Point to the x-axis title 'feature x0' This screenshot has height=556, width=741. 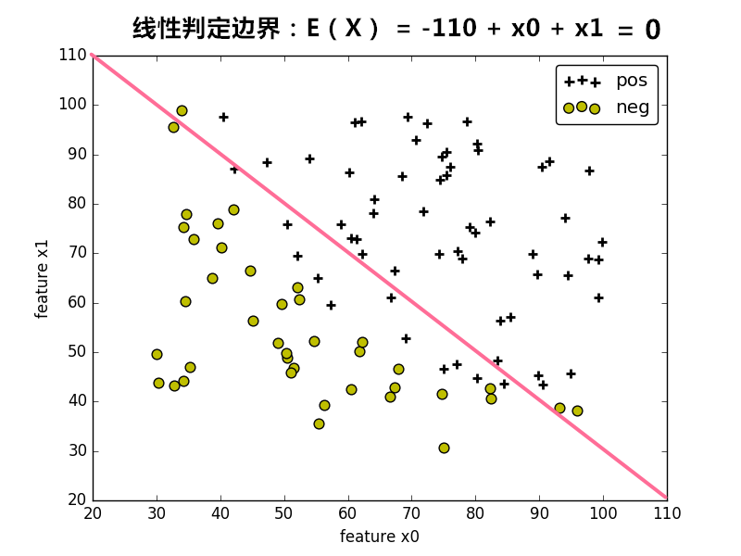(379, 537)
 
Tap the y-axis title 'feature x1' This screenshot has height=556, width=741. (42, 278)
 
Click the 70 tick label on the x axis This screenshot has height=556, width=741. (411, 513)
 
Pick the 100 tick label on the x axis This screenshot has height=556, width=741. (603, 513)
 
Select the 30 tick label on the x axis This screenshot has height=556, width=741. (157, 513)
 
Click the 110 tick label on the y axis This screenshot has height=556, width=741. (72, 55)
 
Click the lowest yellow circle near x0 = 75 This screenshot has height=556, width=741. (444, 448)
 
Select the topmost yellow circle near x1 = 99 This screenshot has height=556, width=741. (182, 110)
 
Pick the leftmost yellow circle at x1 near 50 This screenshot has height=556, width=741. (157, 354)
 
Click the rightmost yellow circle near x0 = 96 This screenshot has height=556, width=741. (577, 411)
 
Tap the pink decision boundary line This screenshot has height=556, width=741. (380, 278)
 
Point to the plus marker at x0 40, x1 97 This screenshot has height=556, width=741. (223, 117)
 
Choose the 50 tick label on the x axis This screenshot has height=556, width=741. (284, 513)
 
